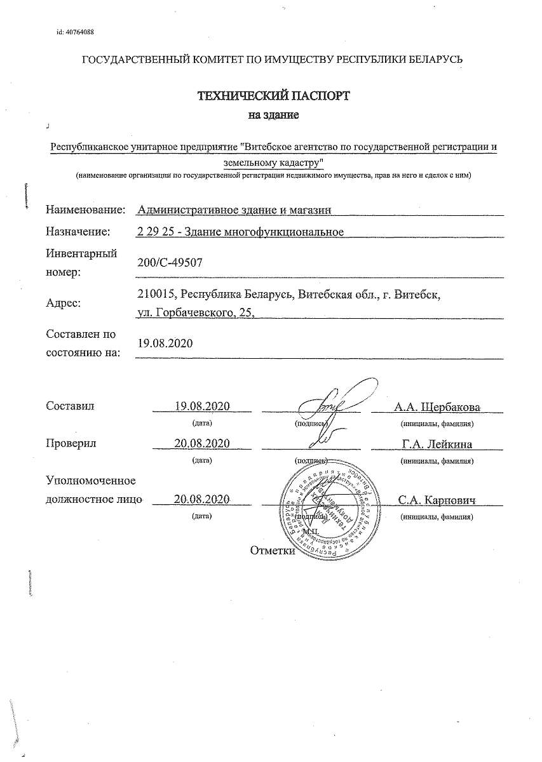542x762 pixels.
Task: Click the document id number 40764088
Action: point(79,32)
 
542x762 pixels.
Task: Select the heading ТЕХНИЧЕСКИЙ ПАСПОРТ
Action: point(273,97)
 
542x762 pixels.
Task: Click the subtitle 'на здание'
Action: point(273,115)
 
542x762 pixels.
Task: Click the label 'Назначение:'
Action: point(78,232)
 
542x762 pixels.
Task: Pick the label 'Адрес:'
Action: point(63,303)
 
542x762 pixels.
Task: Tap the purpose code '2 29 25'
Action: point(154,232)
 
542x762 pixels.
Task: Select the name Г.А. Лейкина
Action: point(437,443)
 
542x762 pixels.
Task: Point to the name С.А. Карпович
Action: point(437,500)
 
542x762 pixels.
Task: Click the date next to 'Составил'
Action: point(201,406)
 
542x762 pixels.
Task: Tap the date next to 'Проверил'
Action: point(201,443)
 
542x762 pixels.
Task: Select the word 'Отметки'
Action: point(273,551)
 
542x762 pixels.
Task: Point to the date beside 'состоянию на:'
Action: point(165,343)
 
